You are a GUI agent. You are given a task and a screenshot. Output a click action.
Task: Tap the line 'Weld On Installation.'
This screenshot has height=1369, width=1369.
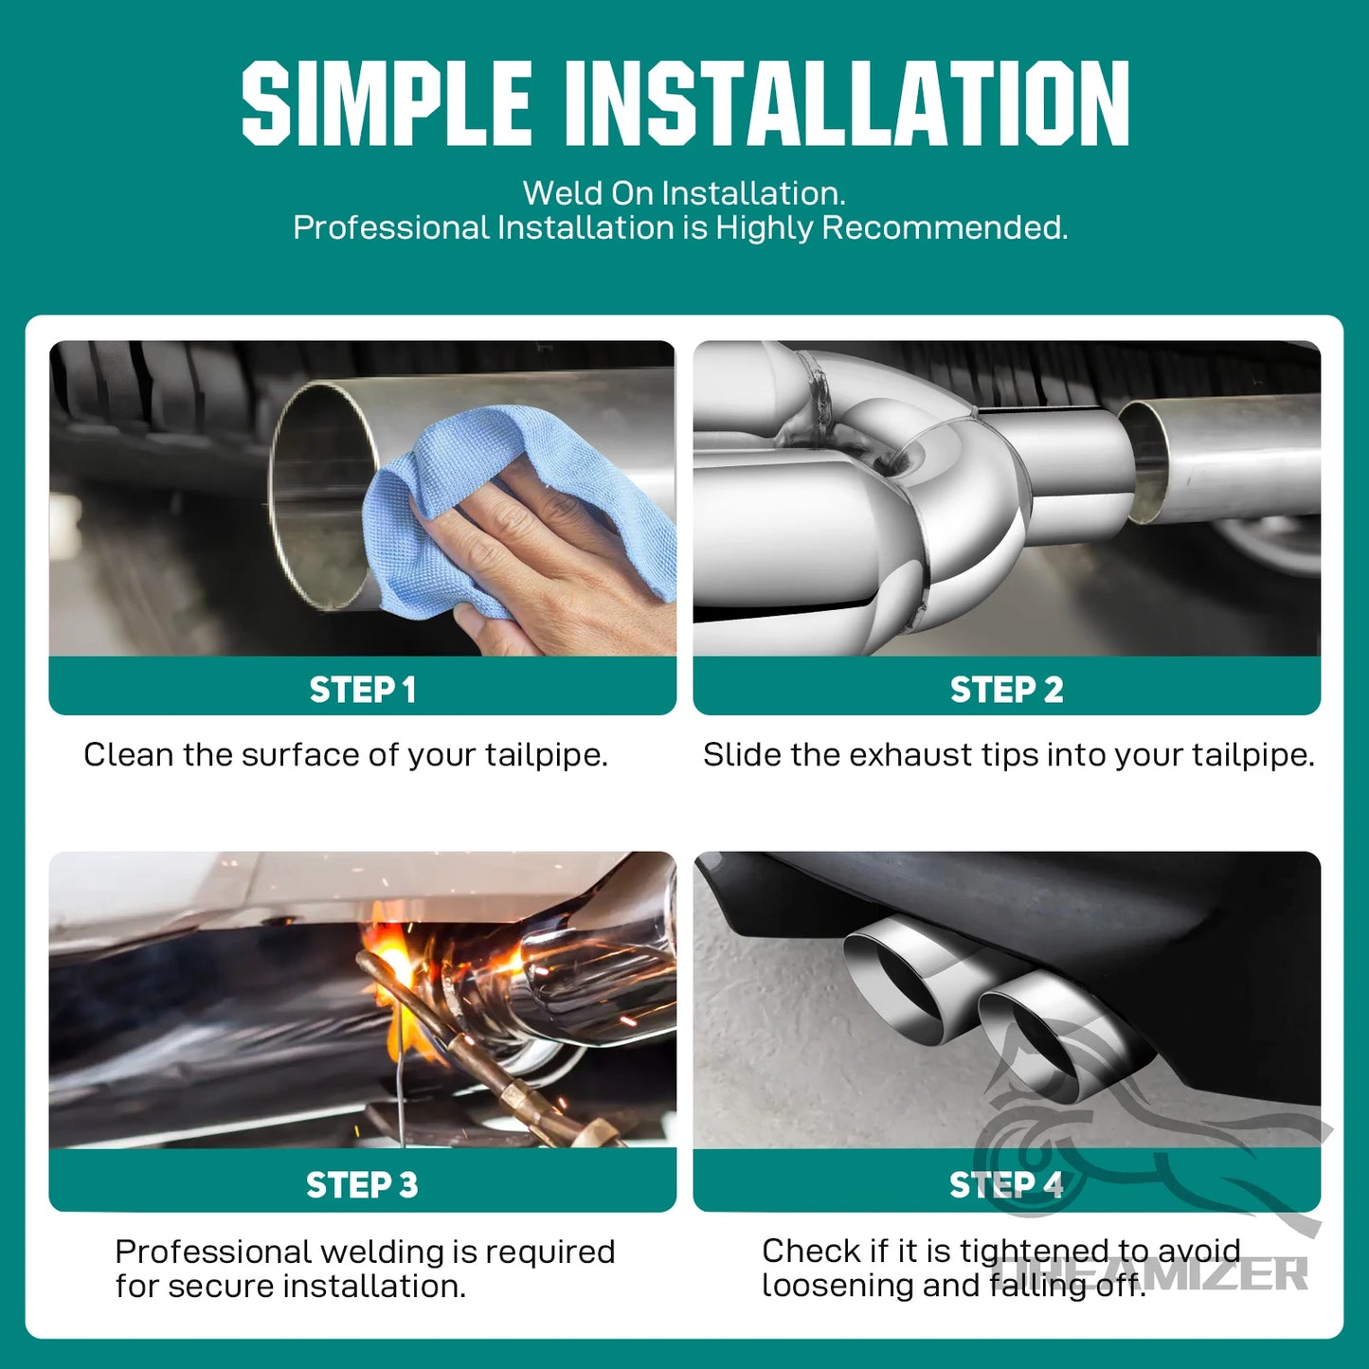[x=684, y=193]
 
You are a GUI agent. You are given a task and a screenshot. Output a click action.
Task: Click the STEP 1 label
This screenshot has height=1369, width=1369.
[x=362, y=690]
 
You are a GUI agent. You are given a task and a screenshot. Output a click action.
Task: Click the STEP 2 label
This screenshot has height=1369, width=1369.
[x=1006, y=690]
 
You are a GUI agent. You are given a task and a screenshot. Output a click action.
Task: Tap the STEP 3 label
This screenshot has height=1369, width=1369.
[x=362, y=1184]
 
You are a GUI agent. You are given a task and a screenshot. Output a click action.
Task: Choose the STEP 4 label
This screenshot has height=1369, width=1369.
[x=1006, y=1184]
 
